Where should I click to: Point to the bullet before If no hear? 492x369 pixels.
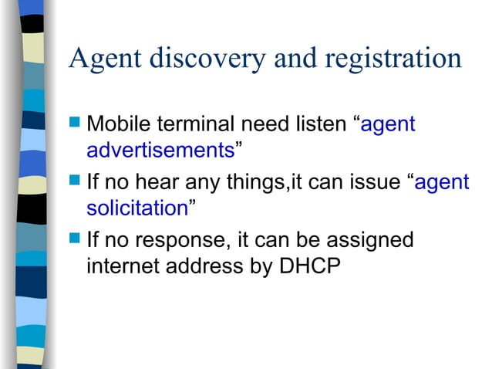75,183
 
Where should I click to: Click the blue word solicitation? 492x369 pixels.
137,208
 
